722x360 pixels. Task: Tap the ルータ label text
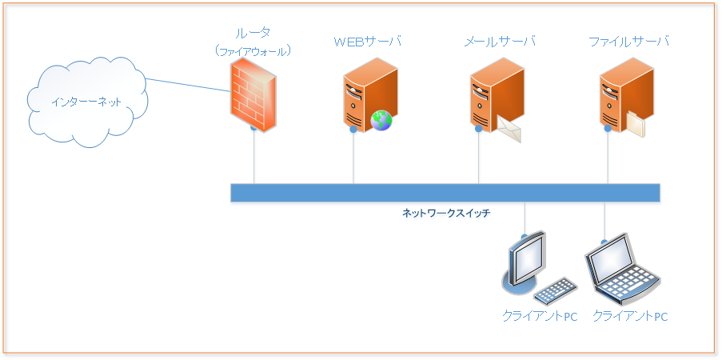click(253, 32)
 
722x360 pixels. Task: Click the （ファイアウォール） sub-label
click(253, 50)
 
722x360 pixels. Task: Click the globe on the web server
click(381, 120)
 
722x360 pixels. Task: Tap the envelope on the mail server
click(509, 127)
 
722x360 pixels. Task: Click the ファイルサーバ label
click(628, 41)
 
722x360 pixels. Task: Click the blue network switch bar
click(445, 193)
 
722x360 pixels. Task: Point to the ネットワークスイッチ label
click(445, 214)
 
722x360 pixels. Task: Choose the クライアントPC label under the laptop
click(630, 317)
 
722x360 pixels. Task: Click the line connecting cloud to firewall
click(188, 84)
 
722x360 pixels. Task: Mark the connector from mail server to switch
click(479, 156)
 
